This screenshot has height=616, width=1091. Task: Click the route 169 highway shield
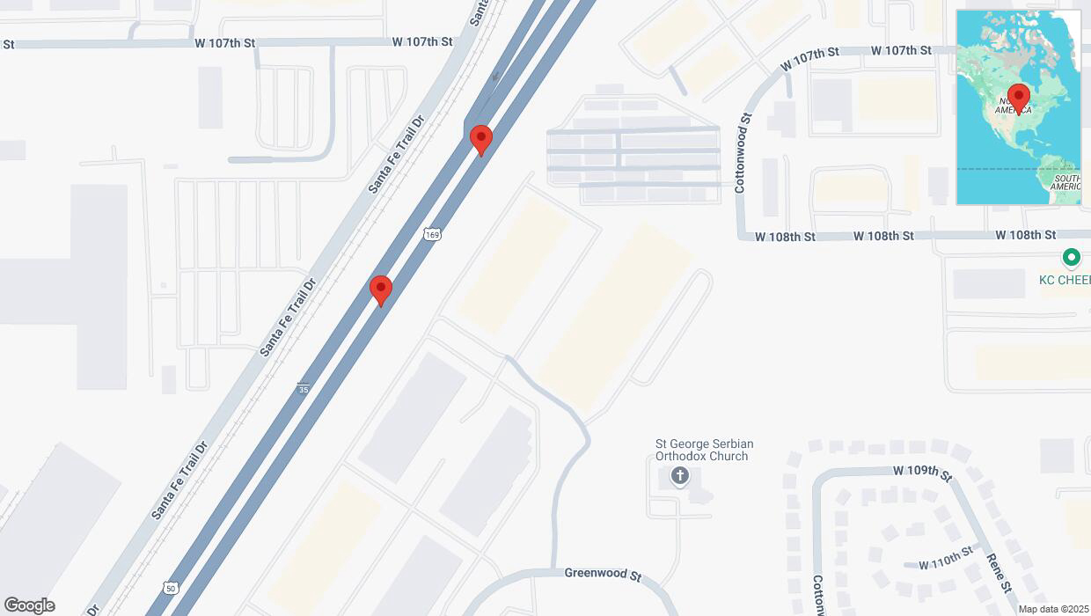tap(431, 233)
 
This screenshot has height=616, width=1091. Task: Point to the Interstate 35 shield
tap(303, 388)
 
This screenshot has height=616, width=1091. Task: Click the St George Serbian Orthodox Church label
tap(704, 450)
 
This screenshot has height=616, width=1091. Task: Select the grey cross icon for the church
tap(679, 477)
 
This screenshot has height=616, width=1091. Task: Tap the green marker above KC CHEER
tap(1071, 258)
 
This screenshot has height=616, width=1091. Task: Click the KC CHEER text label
tap(1065, 280)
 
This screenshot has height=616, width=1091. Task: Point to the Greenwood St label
tap(603, 573)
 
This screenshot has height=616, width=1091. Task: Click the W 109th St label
tap(922, 473)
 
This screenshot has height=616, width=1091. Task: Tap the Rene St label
tap(1000, 572)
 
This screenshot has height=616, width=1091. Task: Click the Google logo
tap(29, 605)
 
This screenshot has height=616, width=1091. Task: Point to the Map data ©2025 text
tap(1053, 609)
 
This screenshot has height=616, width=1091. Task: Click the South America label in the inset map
tap(1065, 182)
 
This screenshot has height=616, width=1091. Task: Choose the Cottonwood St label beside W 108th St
tap(742, 153)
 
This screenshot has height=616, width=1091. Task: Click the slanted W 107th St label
tap(809, 60)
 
